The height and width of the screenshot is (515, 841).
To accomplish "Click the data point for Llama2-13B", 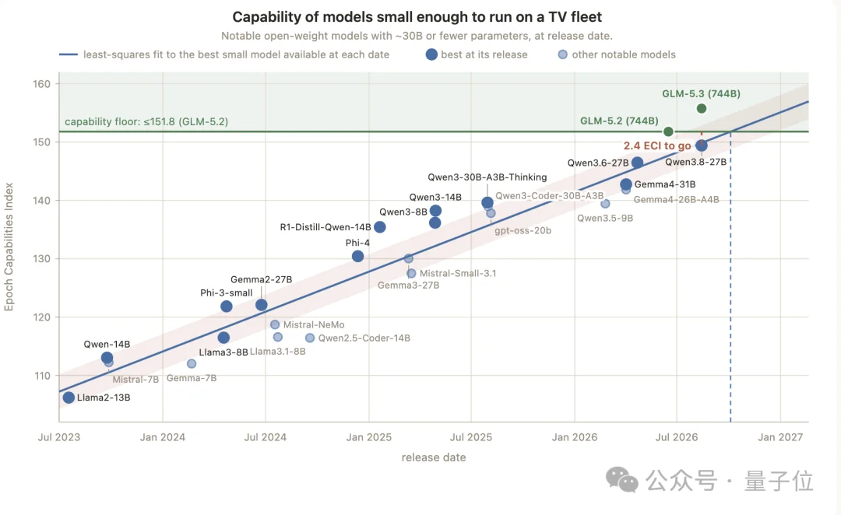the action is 69,398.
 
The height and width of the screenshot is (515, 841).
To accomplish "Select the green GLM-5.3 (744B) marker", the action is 702,109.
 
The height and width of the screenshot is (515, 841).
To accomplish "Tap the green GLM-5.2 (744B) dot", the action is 668,131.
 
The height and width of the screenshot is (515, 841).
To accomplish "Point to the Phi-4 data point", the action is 357,257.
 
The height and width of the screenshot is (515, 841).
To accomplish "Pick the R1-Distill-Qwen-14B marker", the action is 380,227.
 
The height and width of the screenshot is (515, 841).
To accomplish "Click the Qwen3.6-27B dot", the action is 637,163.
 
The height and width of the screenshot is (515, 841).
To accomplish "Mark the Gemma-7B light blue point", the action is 192,364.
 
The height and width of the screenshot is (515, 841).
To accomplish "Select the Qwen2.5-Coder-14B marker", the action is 310,338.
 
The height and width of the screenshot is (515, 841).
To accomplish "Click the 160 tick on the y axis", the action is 42,84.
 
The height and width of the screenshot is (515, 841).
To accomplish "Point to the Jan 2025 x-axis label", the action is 369,437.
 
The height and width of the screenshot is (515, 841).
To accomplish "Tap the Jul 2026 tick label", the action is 677,437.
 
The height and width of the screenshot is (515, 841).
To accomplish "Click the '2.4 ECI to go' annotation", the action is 657,145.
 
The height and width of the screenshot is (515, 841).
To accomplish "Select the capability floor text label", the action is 146,121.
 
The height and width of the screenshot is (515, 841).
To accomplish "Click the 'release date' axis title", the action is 434,457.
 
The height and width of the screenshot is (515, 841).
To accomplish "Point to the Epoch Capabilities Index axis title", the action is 9,247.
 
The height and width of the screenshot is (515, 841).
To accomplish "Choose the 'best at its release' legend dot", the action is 431,54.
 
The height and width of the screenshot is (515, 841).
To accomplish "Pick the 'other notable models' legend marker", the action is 563,54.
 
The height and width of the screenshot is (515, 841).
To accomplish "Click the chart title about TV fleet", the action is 417,17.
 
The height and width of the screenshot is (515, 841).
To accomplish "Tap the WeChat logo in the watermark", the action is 622,480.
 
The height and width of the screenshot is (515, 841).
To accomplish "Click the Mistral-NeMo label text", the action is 314,324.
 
